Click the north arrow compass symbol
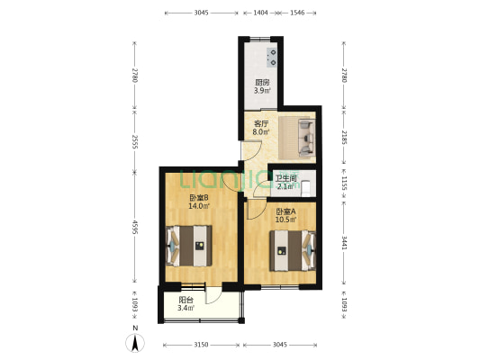[135, 343]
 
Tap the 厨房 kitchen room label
[262, 82]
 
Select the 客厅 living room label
[261, 124]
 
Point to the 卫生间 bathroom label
[285, 178]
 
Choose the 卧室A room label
[285, 211]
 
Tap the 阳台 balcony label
[186, 300]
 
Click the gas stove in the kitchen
[272, 58]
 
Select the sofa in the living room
[306, 138]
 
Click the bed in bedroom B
[189, 246]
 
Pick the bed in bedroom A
[293, 251]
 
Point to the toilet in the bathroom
[306, 189]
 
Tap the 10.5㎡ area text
[285, 220]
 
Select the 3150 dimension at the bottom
[201, 345]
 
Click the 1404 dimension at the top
[260, 13]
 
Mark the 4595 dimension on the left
[135, 228]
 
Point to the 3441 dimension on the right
[344, 242]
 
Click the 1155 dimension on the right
[344, 183]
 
